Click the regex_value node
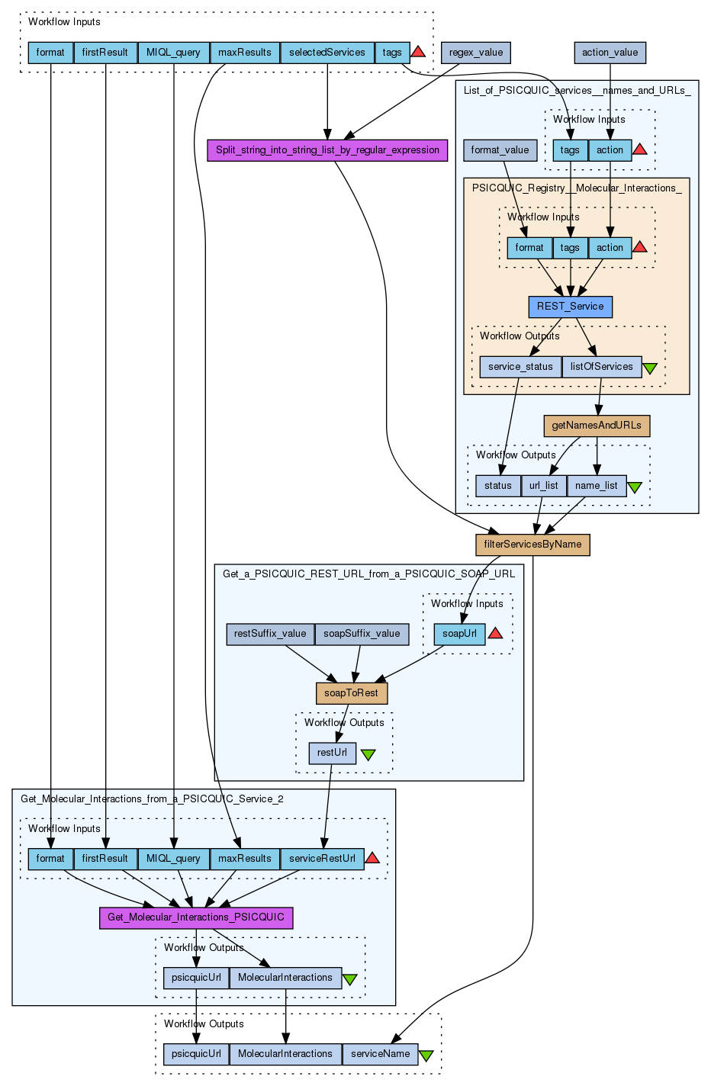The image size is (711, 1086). [x=476, y=53]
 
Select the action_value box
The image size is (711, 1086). [x=610, y=53]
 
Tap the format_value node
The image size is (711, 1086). [x=500, y=150]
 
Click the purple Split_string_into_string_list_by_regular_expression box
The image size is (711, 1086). [x=327, y=150]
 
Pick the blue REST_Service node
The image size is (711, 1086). [x=570, y=307]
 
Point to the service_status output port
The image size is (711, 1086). [x=520, y=367]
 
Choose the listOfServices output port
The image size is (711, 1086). [x=601, y=367]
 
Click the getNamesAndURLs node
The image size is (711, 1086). [x=597, y=426]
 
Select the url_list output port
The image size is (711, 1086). [x=543, y=486]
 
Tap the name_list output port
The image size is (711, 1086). [x=597, y=486]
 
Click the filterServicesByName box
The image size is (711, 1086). [x=532, y=545]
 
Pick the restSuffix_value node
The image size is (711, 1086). [x=270, y=634]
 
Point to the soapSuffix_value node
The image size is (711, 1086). [x=362, y=634]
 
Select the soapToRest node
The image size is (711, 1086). [x=351, y=693]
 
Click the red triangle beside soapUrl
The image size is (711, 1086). [x=495, y=633]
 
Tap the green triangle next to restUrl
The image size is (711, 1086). [x=368, y=754]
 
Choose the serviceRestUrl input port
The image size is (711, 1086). [x=322, y=859]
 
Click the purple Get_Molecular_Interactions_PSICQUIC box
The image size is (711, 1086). [x=196, y=917]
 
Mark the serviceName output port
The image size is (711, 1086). [x=380, y=1054]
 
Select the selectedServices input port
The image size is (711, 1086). [x=327, y=53]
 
